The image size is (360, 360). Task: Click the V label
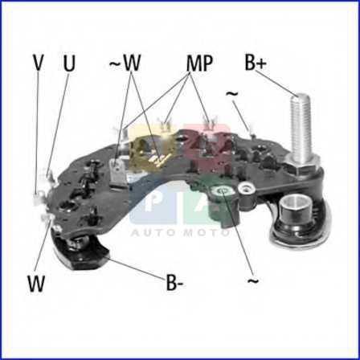[x=38, y=63]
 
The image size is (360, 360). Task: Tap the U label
[x=69, y=63]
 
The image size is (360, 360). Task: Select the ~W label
[x=125, y=63]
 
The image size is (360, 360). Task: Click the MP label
[x=199, y=63]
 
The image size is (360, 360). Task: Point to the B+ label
[x=256, y=63]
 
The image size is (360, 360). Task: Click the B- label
[x=174, y=283]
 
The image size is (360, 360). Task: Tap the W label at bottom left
[x=36, y=284]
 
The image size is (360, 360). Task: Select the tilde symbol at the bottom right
[x=253, y=281]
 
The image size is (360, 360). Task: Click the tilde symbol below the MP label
[x=232, y=94]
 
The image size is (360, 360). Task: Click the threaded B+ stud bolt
[x=301, y=129]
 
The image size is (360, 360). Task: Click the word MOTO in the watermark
[x=207, y=232]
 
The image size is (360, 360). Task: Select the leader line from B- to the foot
[x=137, y=268]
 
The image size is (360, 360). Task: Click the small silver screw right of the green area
[x=244, y=189]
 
